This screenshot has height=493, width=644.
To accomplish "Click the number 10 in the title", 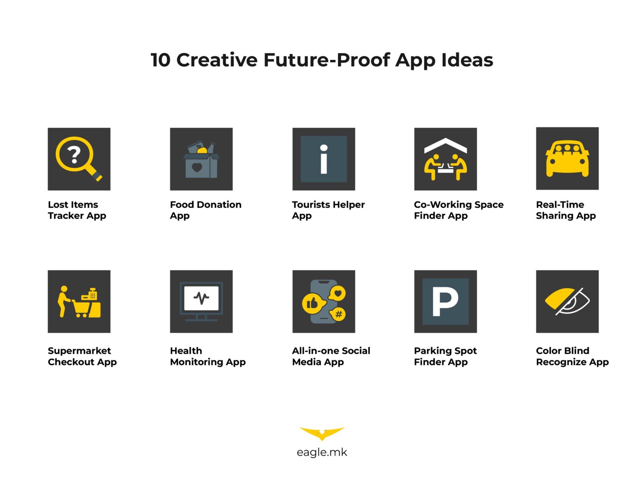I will (160, 60).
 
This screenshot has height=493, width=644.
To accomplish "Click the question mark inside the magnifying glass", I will (74, 155).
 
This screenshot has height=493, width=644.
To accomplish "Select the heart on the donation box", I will (197, 167).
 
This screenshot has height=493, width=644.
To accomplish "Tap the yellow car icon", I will (567, 159).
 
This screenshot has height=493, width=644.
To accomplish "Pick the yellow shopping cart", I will (81, 308).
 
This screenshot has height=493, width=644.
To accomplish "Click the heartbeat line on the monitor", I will (201, 298).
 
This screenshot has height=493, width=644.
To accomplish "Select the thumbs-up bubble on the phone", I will (313, 303).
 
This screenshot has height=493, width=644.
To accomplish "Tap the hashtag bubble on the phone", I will (338, 314).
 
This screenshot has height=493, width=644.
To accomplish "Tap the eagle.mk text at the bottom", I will (322, 452).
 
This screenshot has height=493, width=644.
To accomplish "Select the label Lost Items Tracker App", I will (77, 210).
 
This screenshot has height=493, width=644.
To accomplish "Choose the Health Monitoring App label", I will (208, 356).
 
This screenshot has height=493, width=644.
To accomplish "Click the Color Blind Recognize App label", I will (572, 356).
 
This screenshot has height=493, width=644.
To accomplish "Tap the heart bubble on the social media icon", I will (338, 293).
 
